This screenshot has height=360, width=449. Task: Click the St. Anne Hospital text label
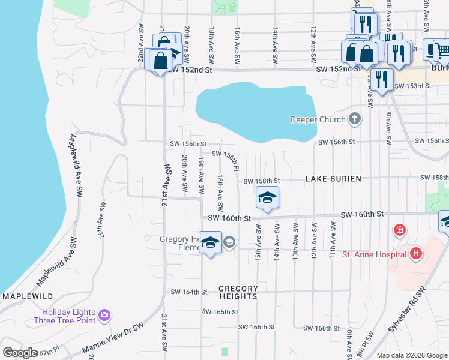[372, 254]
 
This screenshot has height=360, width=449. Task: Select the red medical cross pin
[399, 230]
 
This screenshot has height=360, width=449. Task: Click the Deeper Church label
[318, 119]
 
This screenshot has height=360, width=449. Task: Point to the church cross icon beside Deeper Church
[355, 119]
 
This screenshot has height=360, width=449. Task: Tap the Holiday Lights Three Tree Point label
[68, 316]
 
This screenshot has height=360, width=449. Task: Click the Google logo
[20, 352]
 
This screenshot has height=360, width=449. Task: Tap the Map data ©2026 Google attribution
[411, 355]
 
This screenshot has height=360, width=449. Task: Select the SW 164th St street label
[188, 292]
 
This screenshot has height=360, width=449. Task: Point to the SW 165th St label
[220, 312]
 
